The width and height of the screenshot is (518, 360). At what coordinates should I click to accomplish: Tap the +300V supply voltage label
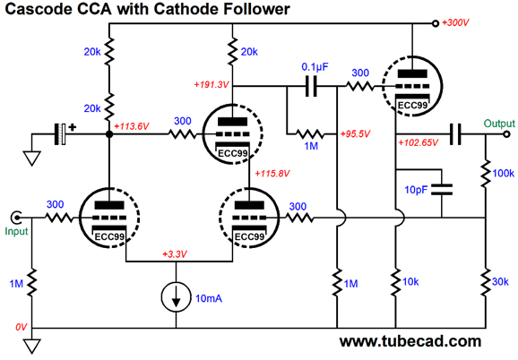pyautogui.click(x=455, y=22)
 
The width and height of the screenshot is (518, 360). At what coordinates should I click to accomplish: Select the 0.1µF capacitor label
pyautogui.click(x=315, y=67)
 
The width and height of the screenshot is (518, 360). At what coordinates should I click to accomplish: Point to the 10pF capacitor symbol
pyautogui.click(x=442, y=190)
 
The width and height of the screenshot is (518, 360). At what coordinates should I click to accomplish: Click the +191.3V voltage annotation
pyautogui.click(x=212, y=85)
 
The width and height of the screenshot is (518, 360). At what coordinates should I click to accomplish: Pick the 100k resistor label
pyautogui.click(x=503, y=173)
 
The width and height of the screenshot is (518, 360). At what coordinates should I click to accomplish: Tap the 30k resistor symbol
pyautogui.click(x=486, y=282)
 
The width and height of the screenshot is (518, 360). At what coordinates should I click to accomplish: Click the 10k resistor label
pyautogui.click(x=410, y=282)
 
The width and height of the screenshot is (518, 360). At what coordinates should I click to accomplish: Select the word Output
pyautogui.click(x=499, y=124)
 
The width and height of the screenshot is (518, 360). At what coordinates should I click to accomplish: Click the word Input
pyautogui.click(x=16, y=231)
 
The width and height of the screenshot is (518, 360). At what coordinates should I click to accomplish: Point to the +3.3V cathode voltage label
pyautogui.click(x=175, y=254)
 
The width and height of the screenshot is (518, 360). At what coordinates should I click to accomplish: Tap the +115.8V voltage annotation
pyautogui.click(x=272, y=174)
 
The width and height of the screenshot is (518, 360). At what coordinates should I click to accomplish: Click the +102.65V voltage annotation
pyautogui.click(x=418, y=143)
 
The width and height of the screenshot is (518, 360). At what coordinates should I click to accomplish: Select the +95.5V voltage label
pyautogui.click(x=355, y=134)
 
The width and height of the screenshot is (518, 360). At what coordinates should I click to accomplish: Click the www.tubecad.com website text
pyautogui.click(x=410, y=341)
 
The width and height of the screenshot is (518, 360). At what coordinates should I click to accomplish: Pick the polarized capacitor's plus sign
pyautogui.click(x=72, y=126)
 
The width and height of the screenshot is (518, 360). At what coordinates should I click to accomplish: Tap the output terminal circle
pyautogui.click(x=506, y=134)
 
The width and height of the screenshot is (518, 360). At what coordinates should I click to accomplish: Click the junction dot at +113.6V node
pyautogui.click(x=109, y=134)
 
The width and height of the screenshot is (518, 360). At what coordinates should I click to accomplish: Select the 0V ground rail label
pyautogui.click(x=22, y=328)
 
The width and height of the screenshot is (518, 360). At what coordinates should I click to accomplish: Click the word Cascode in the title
pyautogui.click(x=38, y=9)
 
